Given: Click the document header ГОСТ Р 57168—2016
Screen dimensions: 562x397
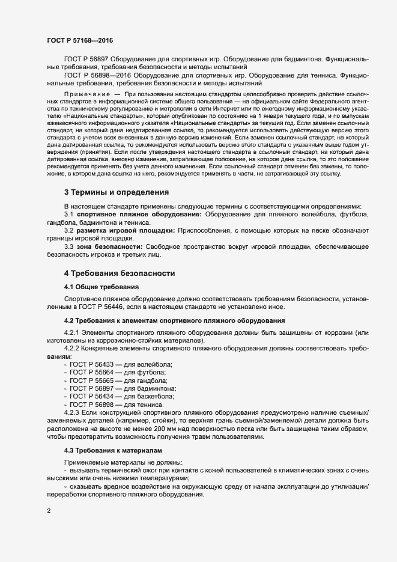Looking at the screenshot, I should click(x=79, y=40).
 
